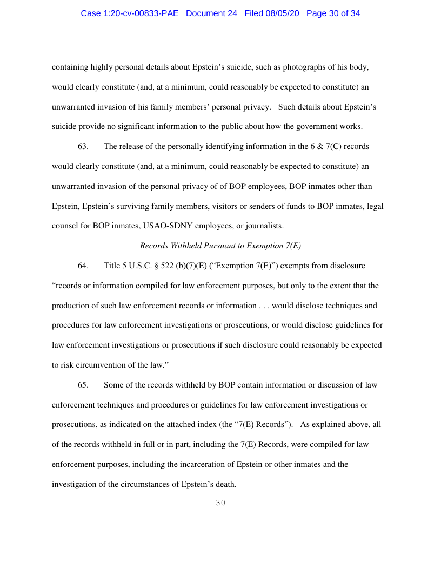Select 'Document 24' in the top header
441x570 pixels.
[x=211, y=13]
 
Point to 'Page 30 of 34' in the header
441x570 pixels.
[x=333, y=13]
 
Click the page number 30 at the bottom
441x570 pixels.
[x=220, y=503]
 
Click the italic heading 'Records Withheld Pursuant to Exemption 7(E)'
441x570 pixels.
[x=220, y=246]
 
